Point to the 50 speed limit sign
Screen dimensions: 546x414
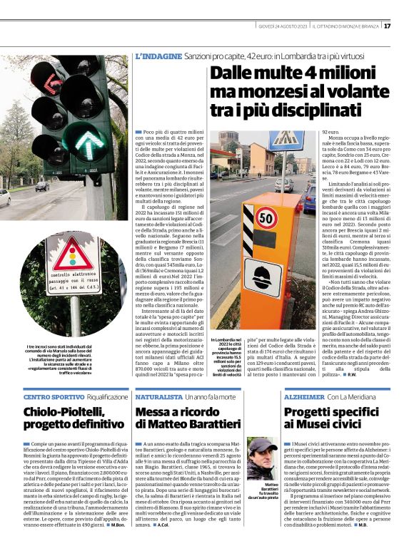pyautogui.click(x=266, y=217)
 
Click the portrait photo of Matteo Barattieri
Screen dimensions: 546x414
pyautogui.click(x=261, y=459)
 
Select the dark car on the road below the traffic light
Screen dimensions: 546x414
pyautogui.click(x=42, y=186)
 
